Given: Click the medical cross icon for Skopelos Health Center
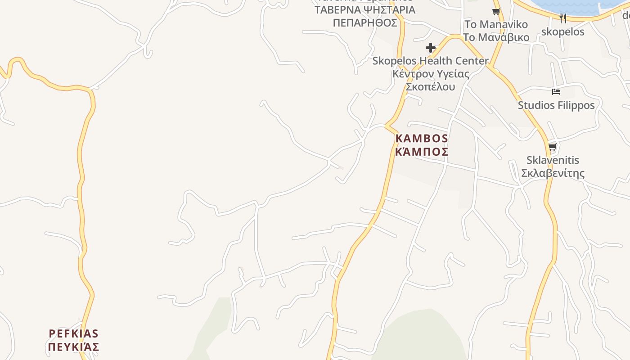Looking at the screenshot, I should point(431,47).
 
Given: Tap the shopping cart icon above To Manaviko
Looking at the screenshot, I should point(496,12).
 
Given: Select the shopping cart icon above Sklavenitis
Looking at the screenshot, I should point(553,147).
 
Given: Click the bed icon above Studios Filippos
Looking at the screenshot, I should point(556,92).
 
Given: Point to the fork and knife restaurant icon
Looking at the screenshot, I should point(562,18).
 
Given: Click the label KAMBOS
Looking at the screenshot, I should point(422,139).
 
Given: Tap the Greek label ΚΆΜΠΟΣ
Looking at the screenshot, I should point(422,152).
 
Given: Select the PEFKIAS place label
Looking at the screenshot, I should point(73,334).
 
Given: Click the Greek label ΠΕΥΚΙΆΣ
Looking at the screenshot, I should point(73,347).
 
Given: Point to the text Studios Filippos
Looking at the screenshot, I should point(556,105).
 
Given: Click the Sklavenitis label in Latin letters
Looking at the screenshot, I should point(553,160).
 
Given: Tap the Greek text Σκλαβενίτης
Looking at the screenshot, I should point(553,173).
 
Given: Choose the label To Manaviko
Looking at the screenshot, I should point(496,24).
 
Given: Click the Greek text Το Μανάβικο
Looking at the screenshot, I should point(496,37).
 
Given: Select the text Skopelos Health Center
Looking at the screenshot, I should point(431,61).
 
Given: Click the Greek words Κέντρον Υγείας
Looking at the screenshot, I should point(431,74).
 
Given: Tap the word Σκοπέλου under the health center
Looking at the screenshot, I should point(431,87).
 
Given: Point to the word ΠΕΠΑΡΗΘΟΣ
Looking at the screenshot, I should point(365,23).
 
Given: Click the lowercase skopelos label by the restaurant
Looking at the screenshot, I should point(562,31).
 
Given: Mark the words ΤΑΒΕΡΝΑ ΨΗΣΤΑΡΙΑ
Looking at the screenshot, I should point(365,10).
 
